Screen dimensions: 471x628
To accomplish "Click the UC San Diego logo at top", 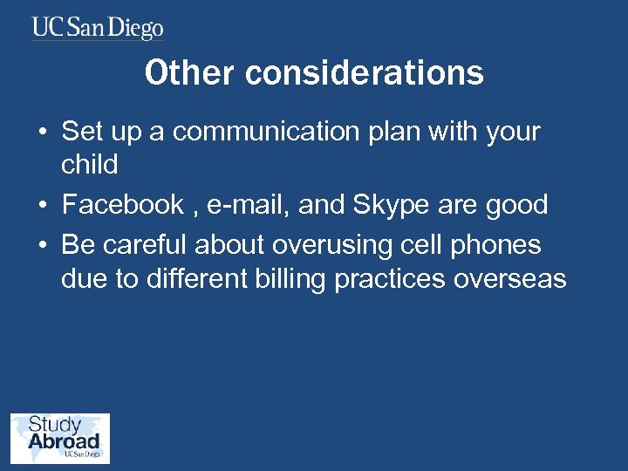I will (x=98, y=28).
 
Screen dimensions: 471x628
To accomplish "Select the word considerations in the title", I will (x=364, y=73).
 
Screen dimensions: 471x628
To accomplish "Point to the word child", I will (x=89, y=165).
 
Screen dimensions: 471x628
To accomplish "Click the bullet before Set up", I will (x=42, y=133).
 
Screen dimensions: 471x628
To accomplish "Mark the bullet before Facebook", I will (x=42, y=207).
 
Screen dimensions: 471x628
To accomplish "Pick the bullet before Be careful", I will (x=42, y=246).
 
